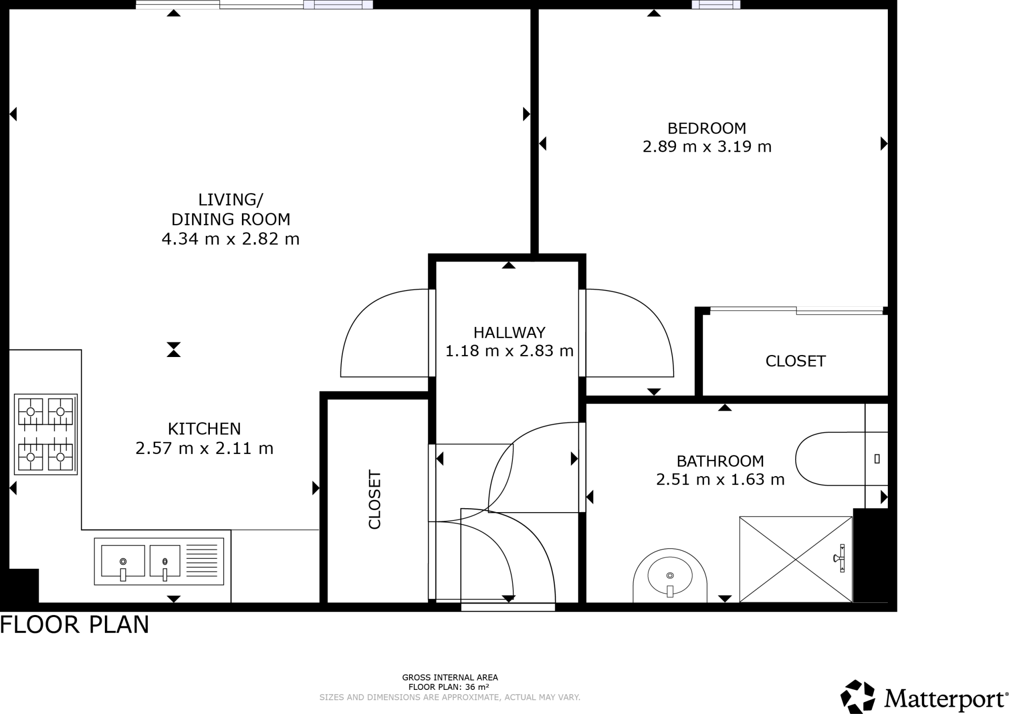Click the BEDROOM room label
click(x=706, y=129)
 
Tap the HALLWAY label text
click(x=509, y=333)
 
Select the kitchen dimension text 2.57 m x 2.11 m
click(x=204, y=449)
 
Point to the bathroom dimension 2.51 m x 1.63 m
click(x=720, y=480)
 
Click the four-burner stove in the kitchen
click(x=46, y=434)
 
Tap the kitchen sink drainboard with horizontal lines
click(x=202, y=561)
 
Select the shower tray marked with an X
click(x=796, y=559)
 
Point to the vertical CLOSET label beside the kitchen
click(x=375, y=500)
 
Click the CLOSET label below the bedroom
click(x=795, y=361)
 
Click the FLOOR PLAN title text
click(x=74, y=625)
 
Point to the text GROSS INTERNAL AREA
click(x=450, y=678)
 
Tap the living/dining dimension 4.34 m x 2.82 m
click(x=231, y=239)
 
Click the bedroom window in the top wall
click(x=716, y=4)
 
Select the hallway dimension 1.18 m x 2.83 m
click(x=509, y=351)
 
